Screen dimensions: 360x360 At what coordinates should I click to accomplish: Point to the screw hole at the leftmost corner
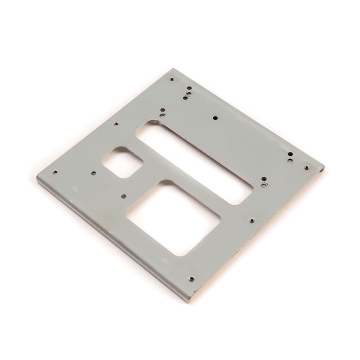coord(54,171)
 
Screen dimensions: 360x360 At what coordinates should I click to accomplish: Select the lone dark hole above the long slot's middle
coord(215,118)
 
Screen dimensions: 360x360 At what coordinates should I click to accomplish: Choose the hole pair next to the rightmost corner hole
coord(290,157)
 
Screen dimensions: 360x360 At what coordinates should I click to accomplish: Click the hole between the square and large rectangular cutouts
coord(123,196)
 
